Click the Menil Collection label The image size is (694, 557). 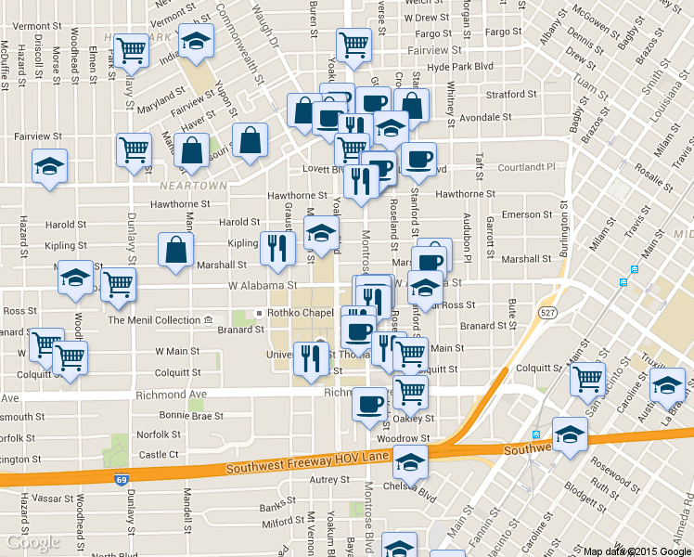(154, 320)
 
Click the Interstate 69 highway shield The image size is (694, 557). (122, 480)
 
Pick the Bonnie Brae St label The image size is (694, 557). (191, 415)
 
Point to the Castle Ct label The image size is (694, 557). (159, 454)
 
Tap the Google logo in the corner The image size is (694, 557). (32, 542)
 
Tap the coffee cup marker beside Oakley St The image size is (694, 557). (370, 404)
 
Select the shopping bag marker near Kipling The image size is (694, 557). (176, 251)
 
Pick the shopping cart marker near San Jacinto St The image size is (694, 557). (587, 379)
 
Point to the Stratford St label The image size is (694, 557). (506, 94)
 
